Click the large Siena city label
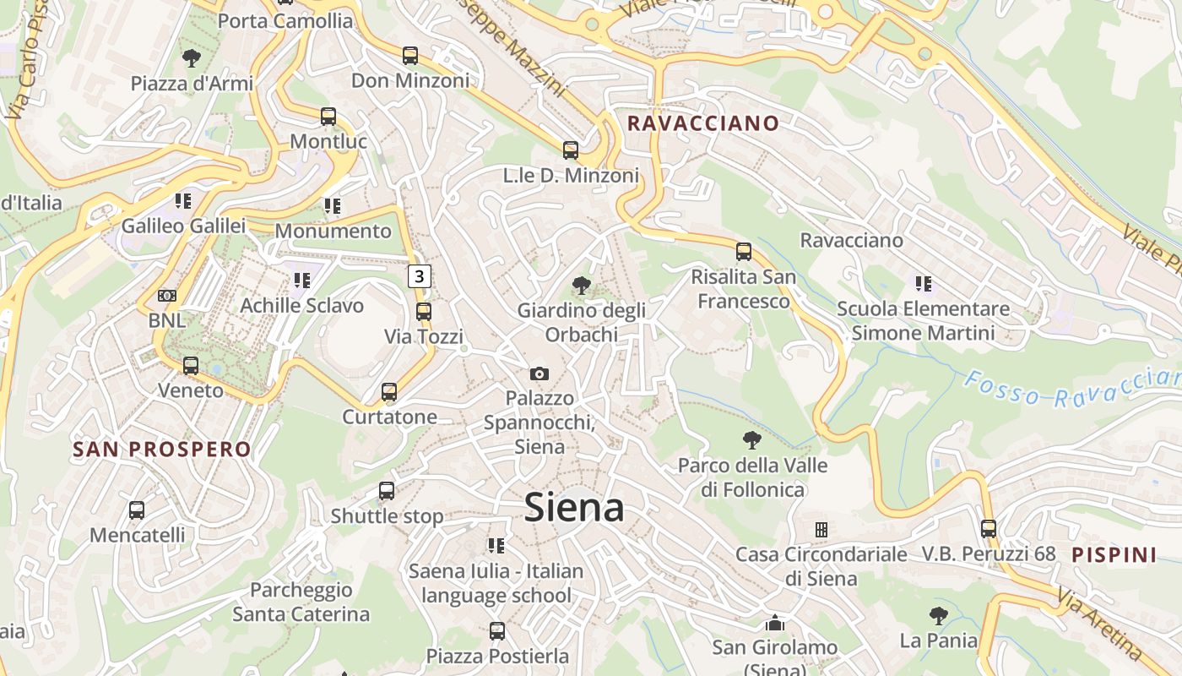pyautogui.click(x=574, y=508)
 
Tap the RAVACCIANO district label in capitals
pyautogui.click(x=703, y=123)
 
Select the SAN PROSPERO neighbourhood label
pyautogui.click(x=162, y=449)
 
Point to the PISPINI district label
pyautogui.click(x=1114, y=555)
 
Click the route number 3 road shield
pyautogui.click(x=420, y=275)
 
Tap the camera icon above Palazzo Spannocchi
pyautogui.click(x=539, y=373)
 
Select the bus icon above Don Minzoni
pyautogui.click(x=410, y=56)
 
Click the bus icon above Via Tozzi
pyautogui.click(x=424, y=311)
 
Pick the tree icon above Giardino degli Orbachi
pyautogui.click(x=581, y=286)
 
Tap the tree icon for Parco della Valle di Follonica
pyautogui.click(x=752, y=440)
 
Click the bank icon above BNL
pyautogui.click(x=167, y=296)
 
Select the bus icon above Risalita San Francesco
pyautogui.click(x=743, y=251)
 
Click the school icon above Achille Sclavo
pyautogui.click(x=301, y=280)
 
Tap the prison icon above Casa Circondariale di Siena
pyautogui.click(x=821, y=530)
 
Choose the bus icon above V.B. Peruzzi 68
pyautogui.click(x=989, y=529)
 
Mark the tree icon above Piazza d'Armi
pyautogui.click(x=192, y=58)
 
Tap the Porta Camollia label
pyautogui.click(x=285, y=21)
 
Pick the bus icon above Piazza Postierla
pyautogui.click(x=497, y=630)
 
